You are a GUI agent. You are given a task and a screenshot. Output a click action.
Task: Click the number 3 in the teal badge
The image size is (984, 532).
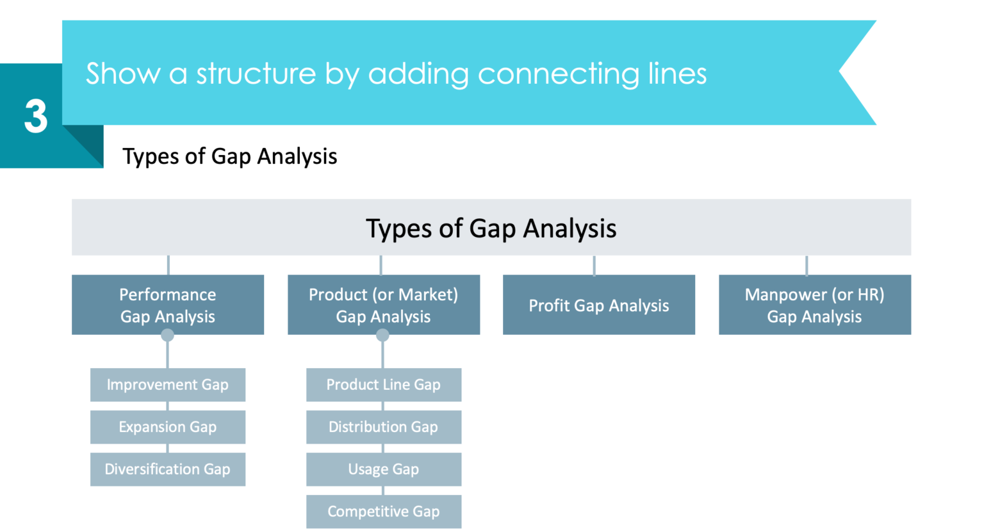36,116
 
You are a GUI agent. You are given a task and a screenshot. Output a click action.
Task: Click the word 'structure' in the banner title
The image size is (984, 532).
256,74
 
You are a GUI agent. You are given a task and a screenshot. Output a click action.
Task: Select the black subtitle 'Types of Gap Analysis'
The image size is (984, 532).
229,156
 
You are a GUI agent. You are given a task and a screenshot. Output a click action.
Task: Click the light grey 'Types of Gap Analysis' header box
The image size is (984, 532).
491,228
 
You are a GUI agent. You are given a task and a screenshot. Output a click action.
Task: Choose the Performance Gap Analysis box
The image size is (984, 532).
167,305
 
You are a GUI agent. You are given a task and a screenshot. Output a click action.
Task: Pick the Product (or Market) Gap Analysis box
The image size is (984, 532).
383,305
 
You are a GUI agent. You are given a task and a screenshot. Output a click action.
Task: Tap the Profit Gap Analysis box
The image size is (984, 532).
598,305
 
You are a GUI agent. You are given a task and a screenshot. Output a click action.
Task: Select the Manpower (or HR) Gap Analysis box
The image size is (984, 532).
814,305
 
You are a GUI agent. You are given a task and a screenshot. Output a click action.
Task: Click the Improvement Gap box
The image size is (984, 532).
167,385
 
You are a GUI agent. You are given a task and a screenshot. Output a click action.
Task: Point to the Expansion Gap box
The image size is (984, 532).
167,427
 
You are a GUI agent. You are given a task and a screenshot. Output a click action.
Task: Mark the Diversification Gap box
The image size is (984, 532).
167,469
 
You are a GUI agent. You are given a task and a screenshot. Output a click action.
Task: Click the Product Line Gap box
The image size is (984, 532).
383,385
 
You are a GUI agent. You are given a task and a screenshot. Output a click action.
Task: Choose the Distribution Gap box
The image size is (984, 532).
383,427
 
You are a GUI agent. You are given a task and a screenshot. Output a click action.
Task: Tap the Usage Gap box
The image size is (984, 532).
383,469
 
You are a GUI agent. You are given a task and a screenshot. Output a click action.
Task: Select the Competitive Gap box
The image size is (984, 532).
383,512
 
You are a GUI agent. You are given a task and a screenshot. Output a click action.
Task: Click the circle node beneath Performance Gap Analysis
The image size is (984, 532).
167,335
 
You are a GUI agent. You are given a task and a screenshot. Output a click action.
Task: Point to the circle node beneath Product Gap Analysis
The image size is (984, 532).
382,335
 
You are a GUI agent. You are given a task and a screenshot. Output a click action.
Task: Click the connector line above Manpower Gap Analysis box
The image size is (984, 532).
807,265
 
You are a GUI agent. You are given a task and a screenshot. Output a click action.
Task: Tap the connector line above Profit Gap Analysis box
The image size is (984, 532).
594,265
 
